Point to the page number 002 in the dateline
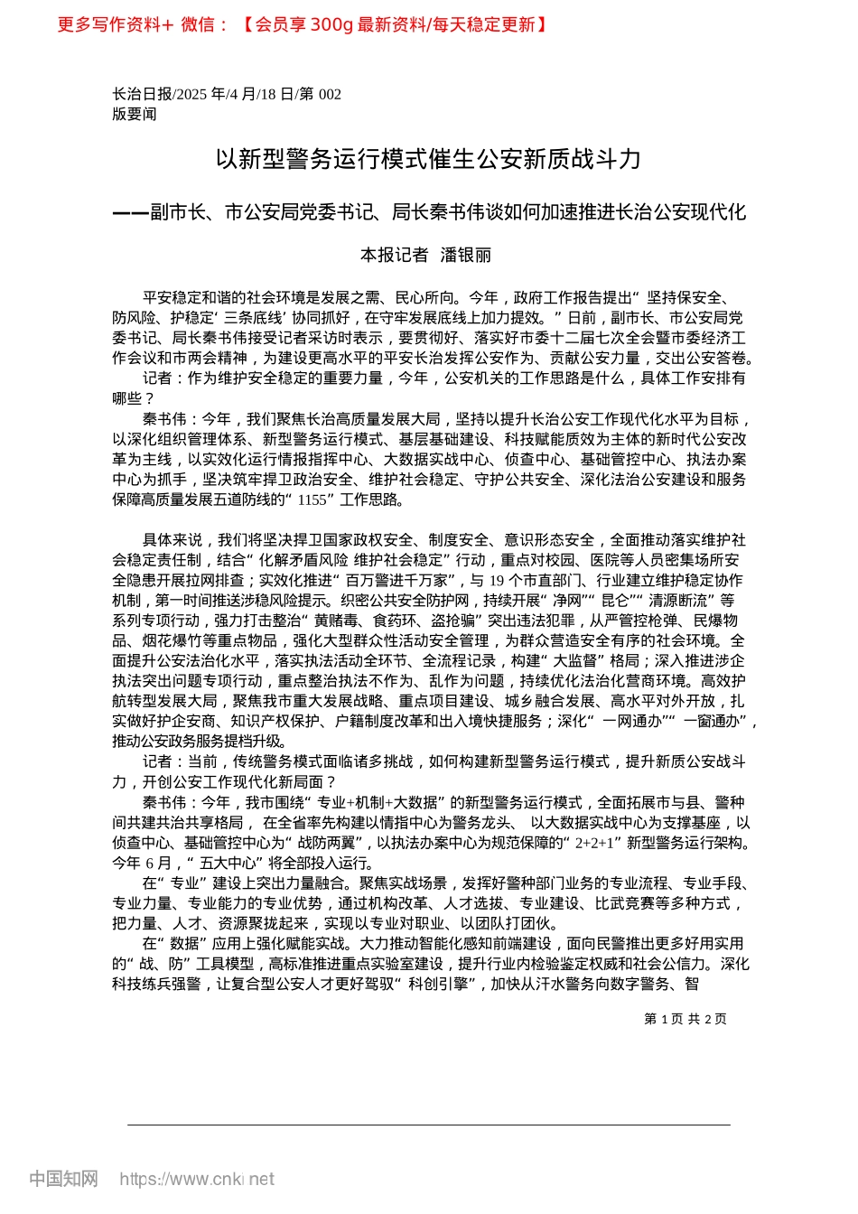330,94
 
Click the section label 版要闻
135,114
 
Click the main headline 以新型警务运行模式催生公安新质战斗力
429,160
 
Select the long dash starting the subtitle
130,213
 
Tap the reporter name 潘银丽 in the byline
466,256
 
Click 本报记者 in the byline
394,256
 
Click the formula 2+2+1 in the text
590,843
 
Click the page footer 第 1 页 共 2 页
685,1019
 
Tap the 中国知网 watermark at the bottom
63,1179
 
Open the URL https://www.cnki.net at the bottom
197,1179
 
